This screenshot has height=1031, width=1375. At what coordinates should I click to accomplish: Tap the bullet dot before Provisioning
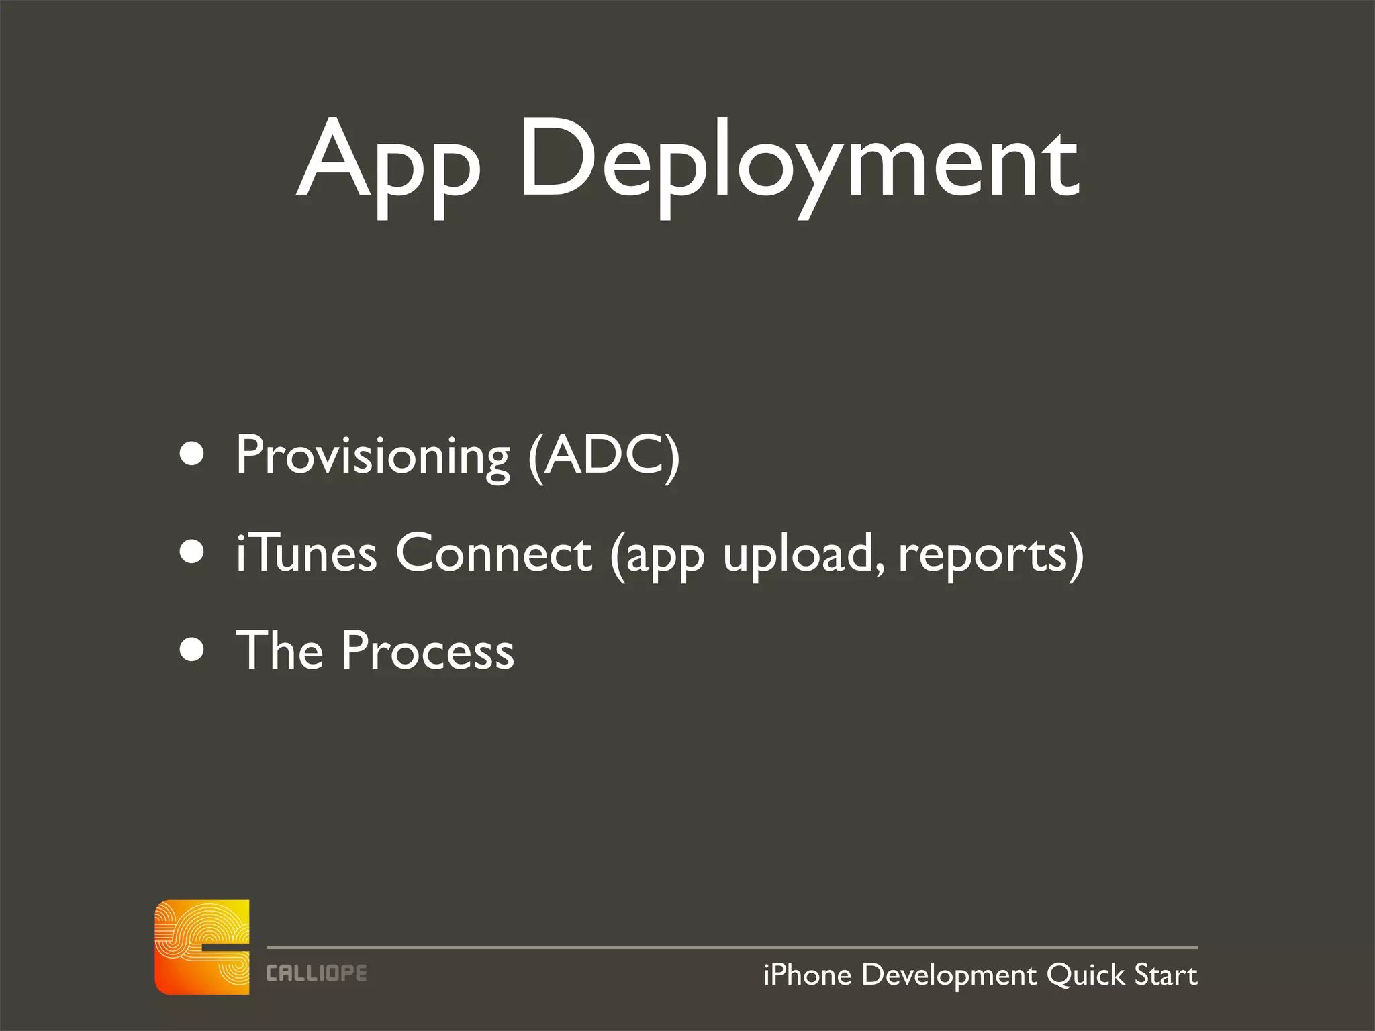tap(192, 454)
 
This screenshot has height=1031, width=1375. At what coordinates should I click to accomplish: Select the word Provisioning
tap(373, 456)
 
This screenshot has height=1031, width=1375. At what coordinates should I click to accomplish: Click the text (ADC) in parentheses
tap(604, 456)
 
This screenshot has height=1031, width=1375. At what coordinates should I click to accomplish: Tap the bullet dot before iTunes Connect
tap(192, 552)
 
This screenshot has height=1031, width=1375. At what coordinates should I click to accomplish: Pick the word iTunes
tap(306, 553)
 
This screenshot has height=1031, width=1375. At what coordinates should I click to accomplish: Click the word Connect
tap(493, 553)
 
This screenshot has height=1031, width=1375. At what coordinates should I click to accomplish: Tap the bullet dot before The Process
tap(192, 650)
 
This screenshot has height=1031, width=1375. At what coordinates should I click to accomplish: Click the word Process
tap(427, 651)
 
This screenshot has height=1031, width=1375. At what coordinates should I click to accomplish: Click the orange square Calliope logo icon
tap(202, 946)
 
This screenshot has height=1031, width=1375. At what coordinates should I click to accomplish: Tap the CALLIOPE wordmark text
tap(316, 973)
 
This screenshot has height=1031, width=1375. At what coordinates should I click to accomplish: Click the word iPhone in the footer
tap(807, 975)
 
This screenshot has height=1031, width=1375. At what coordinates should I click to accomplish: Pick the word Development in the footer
tap(949, 975)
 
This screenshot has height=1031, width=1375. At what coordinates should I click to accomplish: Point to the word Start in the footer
tap(1166, 975)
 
